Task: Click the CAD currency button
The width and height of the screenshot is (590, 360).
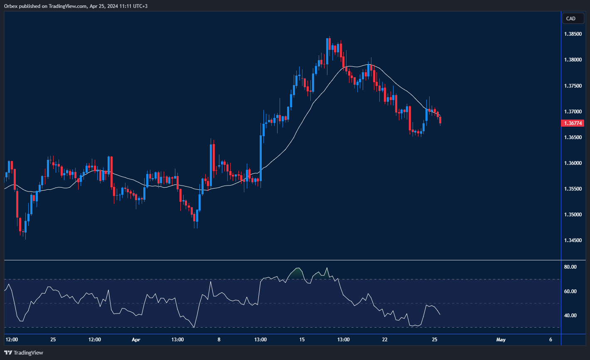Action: (x=573, y=18)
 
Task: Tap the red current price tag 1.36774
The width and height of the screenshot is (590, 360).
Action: (x=573, y=123)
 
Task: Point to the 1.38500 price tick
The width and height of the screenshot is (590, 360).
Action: (x=573, y=34)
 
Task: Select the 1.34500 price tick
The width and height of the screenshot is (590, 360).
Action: (x=573, y=240)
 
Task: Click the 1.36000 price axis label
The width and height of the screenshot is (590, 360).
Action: (x=573, y=163)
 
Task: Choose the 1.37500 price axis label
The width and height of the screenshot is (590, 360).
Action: (x=573, y=86)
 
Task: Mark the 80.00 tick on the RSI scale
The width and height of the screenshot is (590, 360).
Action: (x=570, y=267)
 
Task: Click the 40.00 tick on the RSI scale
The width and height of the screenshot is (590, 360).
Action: (x=570, y=316)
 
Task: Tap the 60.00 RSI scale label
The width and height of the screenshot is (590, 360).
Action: (x=570, y=291)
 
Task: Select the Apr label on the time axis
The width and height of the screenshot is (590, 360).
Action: (x=136, y=340)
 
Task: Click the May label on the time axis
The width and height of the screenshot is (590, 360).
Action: (x=501, y=340)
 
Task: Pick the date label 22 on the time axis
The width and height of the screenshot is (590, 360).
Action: (x=385, y=340)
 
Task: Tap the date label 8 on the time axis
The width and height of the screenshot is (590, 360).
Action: (x=219, y=340)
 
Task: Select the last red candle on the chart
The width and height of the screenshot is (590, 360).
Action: (x=440, y=120)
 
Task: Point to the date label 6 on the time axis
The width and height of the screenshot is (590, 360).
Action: (x=551, y=340)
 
